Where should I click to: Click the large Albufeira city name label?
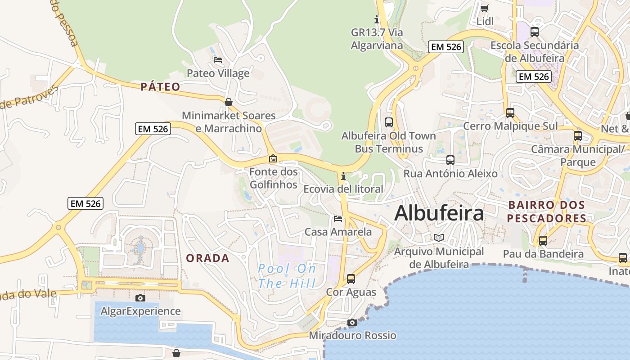439,213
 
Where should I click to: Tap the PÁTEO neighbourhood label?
160,87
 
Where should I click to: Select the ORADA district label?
207,258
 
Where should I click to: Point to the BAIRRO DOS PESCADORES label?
547,211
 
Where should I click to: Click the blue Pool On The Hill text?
287,276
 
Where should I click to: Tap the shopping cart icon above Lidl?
485,8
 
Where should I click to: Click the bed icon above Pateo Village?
218,60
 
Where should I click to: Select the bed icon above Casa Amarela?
338,219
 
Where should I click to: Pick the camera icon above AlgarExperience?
140,298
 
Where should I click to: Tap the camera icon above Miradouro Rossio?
352,322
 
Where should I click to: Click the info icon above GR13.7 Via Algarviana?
377,19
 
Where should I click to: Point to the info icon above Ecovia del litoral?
343,176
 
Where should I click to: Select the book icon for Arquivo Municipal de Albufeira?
439,238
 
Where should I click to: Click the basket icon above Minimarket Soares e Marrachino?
229,102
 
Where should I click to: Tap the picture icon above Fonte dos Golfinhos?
273,158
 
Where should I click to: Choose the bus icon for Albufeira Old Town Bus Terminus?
389,122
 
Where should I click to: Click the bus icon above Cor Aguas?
351,279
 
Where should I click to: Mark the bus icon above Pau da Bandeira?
543,240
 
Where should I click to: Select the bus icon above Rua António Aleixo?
450,160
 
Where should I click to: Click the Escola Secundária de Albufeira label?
535,52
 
